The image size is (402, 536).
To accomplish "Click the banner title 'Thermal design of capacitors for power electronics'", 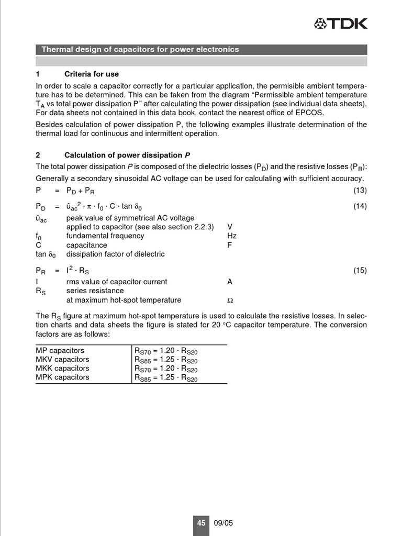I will (140, 50).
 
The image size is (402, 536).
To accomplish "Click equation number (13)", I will (360, 190).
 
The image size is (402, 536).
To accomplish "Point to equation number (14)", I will (360, 206).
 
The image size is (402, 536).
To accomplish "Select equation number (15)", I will (360, 271).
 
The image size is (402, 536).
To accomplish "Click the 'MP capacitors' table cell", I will (60, 351).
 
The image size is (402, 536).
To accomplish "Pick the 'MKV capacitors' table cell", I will (62, 360).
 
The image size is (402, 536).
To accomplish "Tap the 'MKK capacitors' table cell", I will (62, 368).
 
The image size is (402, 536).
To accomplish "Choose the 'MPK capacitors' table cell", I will (62, 377).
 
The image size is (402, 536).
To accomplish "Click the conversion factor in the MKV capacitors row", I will (166, 360).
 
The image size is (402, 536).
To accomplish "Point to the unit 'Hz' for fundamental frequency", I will (232, 236).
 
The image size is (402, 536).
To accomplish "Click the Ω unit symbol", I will (230, 301).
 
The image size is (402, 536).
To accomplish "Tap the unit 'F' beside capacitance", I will (230, 245).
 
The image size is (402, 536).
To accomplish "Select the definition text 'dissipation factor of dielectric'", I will (115, 254).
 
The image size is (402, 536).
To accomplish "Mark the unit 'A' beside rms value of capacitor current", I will (230, 282).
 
